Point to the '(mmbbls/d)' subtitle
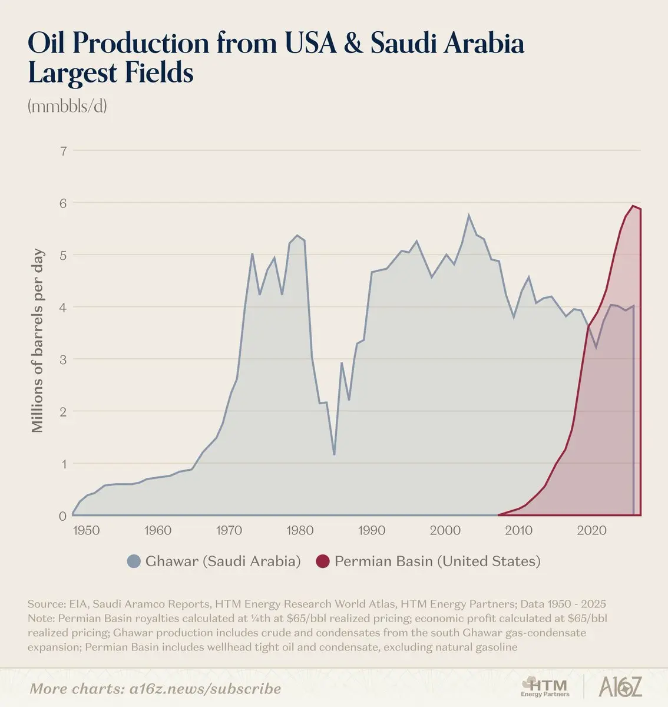[x=67, y=107]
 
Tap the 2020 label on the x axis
[x=592, y=530]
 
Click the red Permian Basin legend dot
[x=323, y=561]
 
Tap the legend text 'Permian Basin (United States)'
[x=437, y=561]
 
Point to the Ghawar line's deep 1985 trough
[x=334, y=454]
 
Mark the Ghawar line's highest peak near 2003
[x=469, y=215]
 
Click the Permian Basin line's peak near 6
[x=633, y=206]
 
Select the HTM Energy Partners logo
[x=545, y=686]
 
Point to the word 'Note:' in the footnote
[x=41, y=619]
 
